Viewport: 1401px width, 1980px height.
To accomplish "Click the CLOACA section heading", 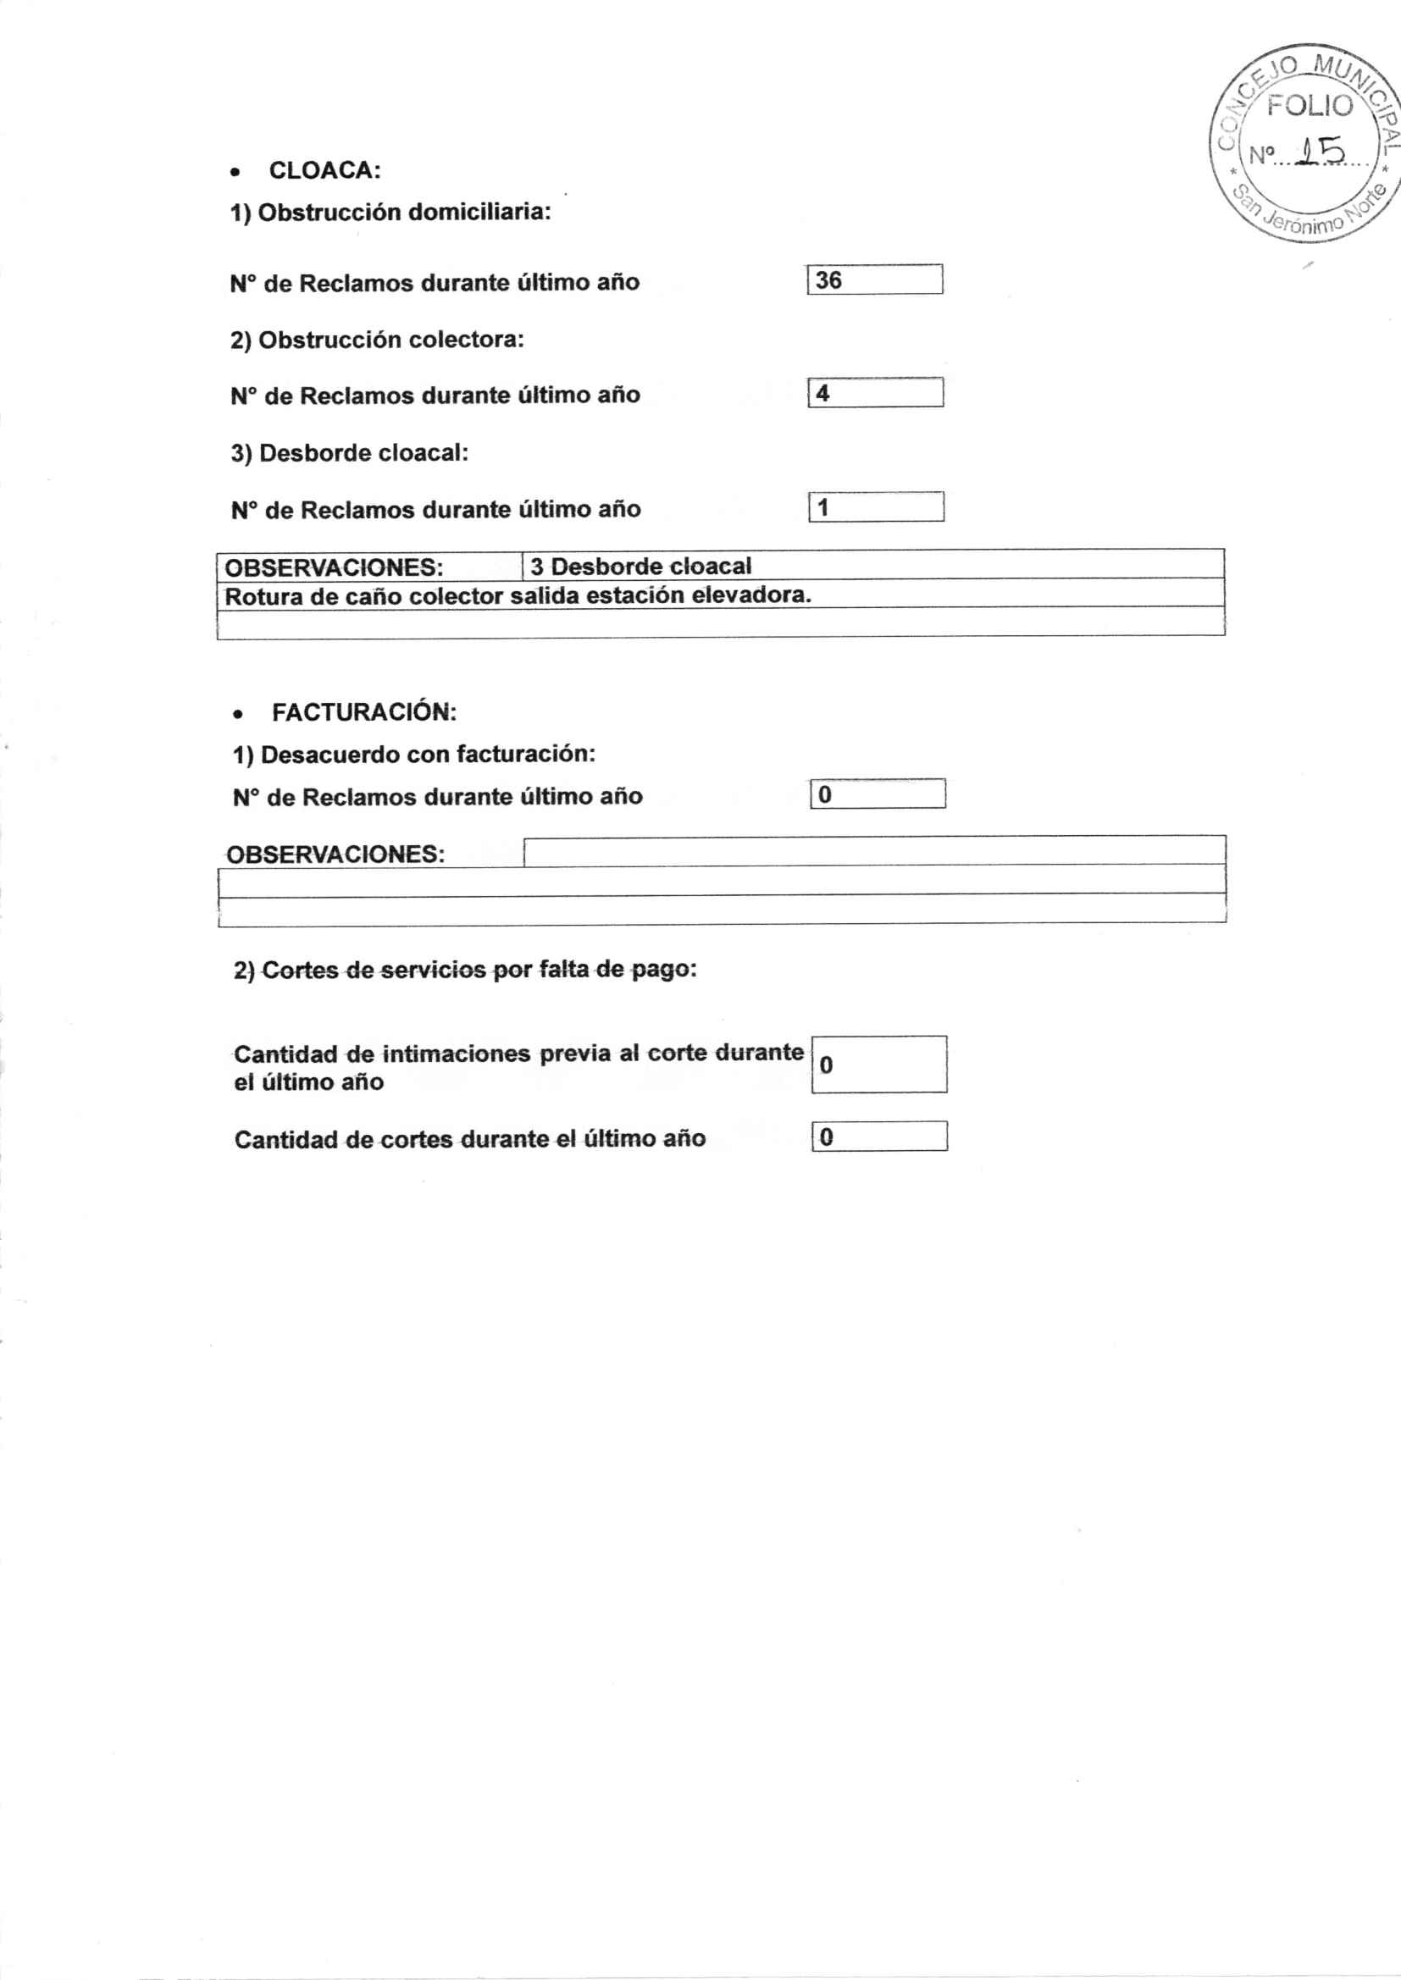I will pos(324,170).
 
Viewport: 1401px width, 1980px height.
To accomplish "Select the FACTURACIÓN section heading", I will pos(364,712).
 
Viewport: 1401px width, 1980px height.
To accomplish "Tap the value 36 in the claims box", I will pos(828,280).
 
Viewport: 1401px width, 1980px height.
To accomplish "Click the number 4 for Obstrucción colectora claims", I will pos(823,393).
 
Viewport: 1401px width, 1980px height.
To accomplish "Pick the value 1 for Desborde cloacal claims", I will pos(823,507).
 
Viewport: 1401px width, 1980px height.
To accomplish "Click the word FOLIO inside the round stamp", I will pos(1310,106).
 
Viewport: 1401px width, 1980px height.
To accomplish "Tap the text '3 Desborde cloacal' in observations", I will pos(641,567).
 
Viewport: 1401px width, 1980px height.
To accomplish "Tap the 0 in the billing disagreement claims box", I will pos(825,794).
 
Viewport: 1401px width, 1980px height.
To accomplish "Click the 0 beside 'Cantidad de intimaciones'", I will pos(827,1065).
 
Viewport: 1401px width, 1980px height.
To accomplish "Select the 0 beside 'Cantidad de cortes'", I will pos(827,1137).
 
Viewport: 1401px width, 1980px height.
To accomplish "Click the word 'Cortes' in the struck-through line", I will pos(299,971).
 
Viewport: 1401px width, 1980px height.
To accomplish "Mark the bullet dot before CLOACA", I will pos(235,173).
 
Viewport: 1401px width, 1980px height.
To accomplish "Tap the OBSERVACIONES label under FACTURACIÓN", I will pos(335,854).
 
